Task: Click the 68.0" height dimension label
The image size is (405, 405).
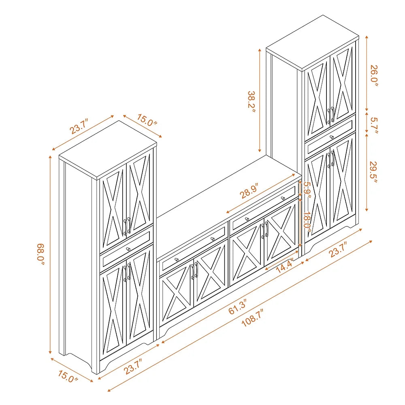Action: pyautogui.click(x=41, y=254)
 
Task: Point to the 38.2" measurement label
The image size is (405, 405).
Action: pyautogui.click(x=252, y=102)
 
